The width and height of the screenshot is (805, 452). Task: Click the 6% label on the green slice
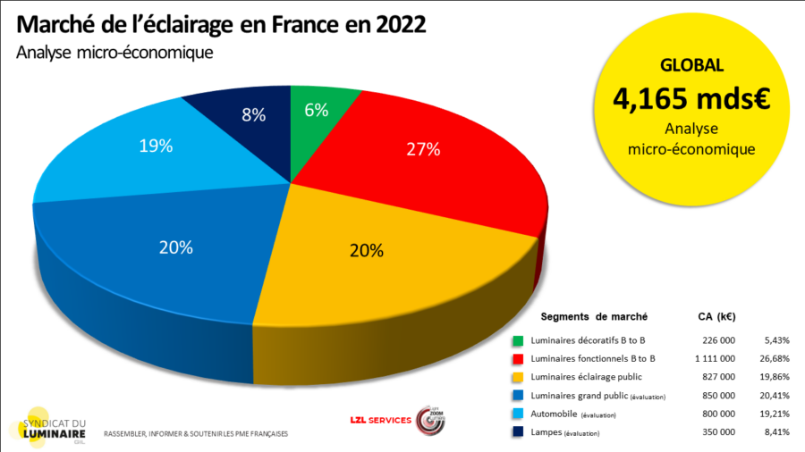317,110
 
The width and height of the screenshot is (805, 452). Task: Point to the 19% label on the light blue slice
156,146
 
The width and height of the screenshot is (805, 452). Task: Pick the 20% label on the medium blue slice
175,248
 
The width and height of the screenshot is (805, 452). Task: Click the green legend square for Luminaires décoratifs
518,340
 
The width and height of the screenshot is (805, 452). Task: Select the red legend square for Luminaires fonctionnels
518,359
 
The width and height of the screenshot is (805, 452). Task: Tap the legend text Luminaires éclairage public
586,377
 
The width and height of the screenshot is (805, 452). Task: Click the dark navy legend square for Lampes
518,433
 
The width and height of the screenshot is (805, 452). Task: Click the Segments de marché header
594,317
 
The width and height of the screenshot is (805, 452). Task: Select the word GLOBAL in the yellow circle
691,65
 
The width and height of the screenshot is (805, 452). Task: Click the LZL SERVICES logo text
381,420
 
